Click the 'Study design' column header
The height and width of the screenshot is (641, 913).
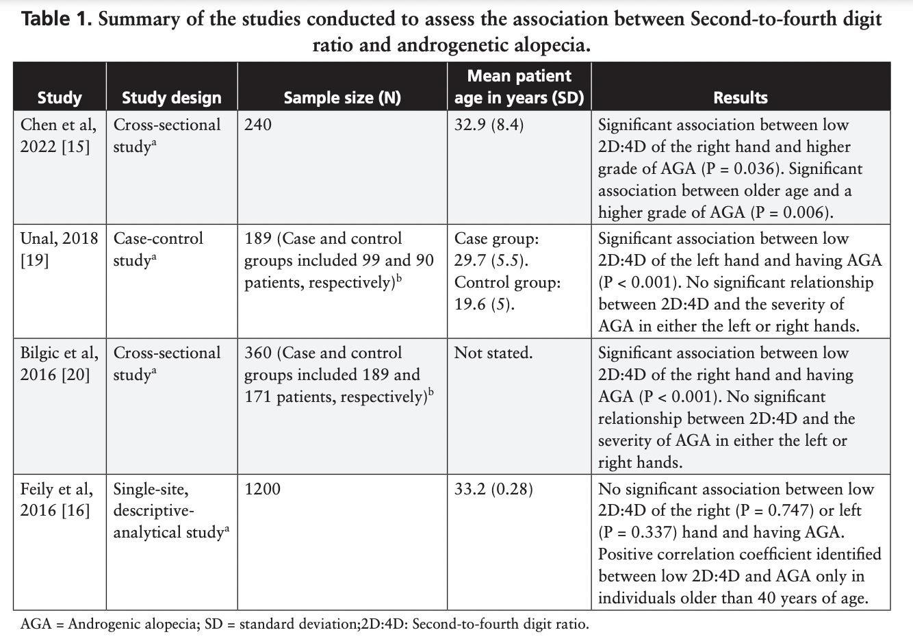(171, 98)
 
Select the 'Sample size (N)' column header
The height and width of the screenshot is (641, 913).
(342, 98)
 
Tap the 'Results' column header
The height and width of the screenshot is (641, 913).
(741, 98)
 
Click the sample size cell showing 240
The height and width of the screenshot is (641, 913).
(258, 125)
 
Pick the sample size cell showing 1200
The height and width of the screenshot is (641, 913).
(262, 490)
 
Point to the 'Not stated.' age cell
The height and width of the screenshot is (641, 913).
(493, 353)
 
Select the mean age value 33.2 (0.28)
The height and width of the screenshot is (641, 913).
(493, 490)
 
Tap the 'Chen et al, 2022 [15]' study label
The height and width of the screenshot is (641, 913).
(57, 136)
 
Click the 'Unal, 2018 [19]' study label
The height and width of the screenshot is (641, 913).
(57, 249)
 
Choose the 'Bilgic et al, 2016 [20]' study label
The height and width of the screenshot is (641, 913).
(57, 364)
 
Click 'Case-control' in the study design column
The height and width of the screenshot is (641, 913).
(158, 239)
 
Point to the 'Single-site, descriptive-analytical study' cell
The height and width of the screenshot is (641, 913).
(170, 511)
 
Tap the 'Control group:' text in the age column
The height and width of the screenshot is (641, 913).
(507, 283)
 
